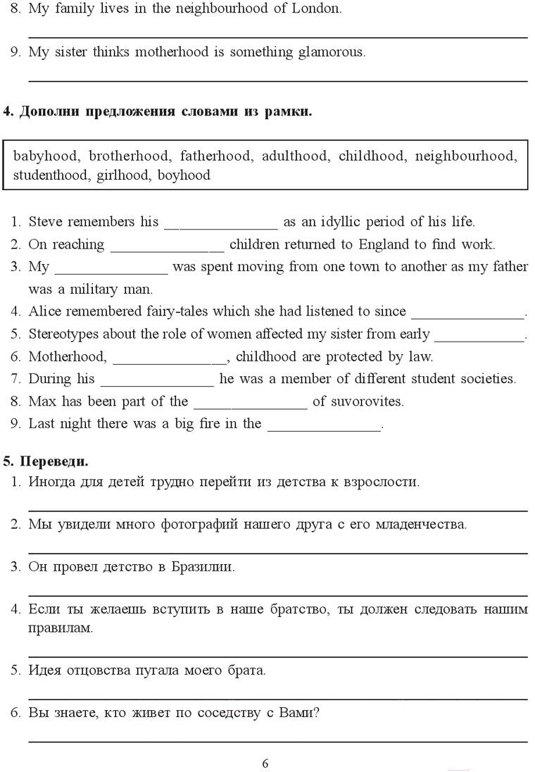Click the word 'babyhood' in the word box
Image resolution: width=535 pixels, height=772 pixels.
pos(46,156)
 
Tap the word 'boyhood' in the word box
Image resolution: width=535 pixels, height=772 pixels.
pos(184,175)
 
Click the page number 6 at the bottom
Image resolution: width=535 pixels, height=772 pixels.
pos(265,764)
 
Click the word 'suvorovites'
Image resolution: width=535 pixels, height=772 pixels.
pos(370,402)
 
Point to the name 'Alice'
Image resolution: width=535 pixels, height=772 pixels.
pos(43,311)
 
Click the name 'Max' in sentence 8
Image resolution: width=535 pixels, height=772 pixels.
pos(41,401)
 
